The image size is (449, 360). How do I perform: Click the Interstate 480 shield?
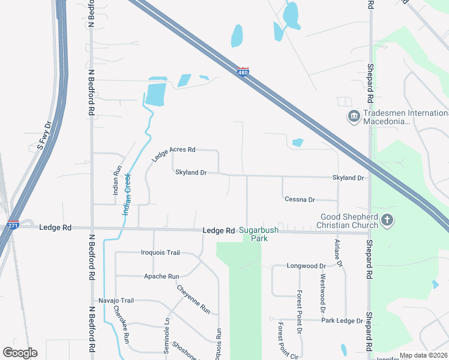pyautogui.click(x=242, y=72)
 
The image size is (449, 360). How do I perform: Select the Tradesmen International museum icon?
pyautogui.click(x=353, y=115)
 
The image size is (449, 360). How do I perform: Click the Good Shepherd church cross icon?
pyautogui.click(x=387, y=220)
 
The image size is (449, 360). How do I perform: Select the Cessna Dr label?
pyautogui.click(x=300, y=199)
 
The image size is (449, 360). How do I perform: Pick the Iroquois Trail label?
pyautogui.click(x=160, y=253)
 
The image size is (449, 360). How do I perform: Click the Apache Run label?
pyautogui.click(x=161, y=277)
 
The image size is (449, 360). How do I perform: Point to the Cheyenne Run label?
pyautogui.click(x=193, y=299)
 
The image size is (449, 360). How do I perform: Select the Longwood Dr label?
pyautogui.click(x=306, y=265)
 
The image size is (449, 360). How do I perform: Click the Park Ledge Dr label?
pyautogui.click(x=342, y=320)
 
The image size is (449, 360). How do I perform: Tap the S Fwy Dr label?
pyautogui.click(x=45, y=135)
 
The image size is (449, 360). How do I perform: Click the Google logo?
pyautogui.click(x=20, y=353)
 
